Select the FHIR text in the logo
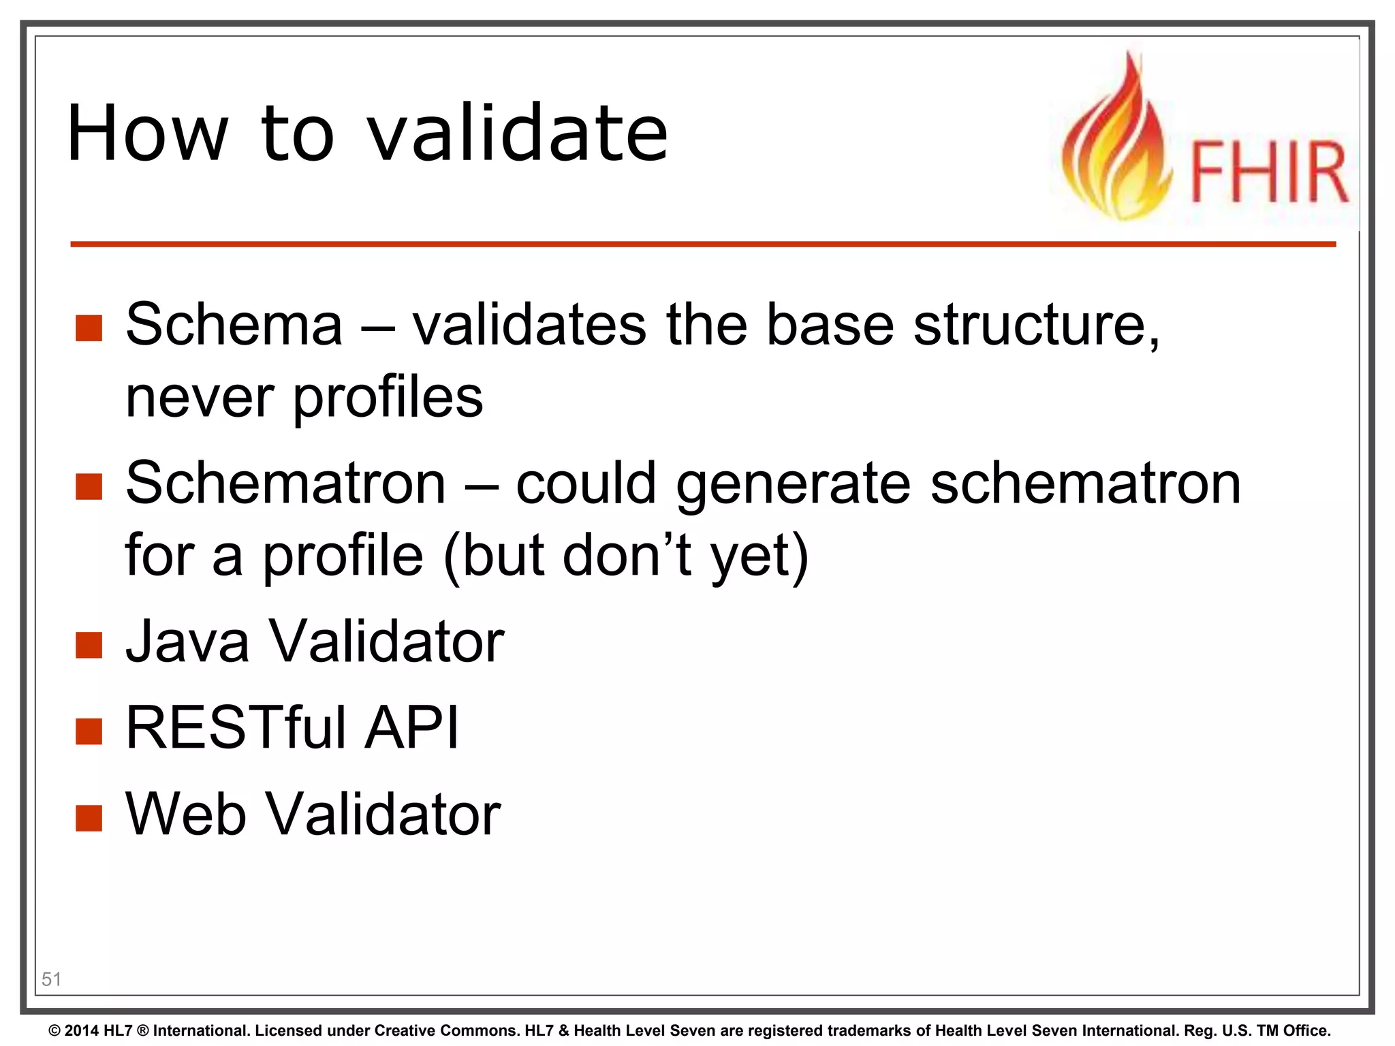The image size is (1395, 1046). pos(1269,172)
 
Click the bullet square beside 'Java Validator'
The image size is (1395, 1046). pos(89,644)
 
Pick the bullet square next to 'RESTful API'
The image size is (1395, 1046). pos(89,731)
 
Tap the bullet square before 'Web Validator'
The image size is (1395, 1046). pos(89,817)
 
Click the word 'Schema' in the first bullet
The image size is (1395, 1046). pos(234,324)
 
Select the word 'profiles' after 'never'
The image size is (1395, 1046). pos(388,398)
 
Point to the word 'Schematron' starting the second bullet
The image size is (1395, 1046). pos(285,483)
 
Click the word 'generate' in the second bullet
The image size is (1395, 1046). pos(793,485)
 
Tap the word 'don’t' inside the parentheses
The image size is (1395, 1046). pos(627,555)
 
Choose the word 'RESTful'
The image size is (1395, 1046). pos(236,728)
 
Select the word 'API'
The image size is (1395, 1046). pos(411,728)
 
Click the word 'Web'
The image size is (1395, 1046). pos(185,814)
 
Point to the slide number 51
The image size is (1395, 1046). pos(52,979)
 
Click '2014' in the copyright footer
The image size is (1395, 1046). pos(82,1030)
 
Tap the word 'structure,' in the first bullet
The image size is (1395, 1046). pos(1035,324)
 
